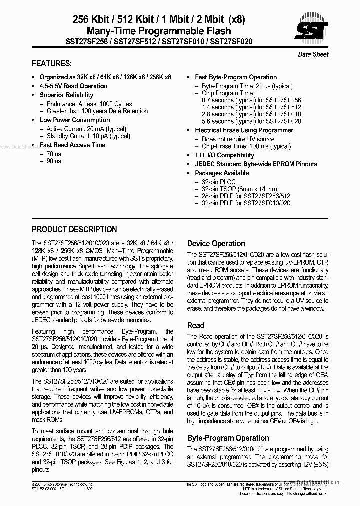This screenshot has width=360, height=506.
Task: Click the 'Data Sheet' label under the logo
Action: (x=313, y=54)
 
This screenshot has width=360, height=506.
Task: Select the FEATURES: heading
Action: (x=52, y=64)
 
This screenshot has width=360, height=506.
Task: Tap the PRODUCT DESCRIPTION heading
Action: (x=74, y=230)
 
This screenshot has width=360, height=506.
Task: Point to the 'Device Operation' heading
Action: (x=216, y=244)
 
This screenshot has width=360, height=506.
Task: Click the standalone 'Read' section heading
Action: (x=196, y=325)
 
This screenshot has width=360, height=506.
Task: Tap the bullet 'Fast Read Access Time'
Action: (x=72, y=145)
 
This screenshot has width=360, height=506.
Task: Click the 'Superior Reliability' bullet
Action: (x=66, y=95)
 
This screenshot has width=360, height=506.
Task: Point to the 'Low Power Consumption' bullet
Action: (x=75, y=120)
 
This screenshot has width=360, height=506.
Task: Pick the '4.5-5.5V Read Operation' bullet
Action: (x=73, y=86)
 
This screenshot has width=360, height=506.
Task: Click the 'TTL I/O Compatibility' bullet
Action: (x=224, y=155)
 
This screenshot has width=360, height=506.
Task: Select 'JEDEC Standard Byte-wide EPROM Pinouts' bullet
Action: (x=256, y=164)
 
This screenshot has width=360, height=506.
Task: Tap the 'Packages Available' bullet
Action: (x=221, y=173)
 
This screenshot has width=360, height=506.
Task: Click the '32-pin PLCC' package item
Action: (x=218, y=182)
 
